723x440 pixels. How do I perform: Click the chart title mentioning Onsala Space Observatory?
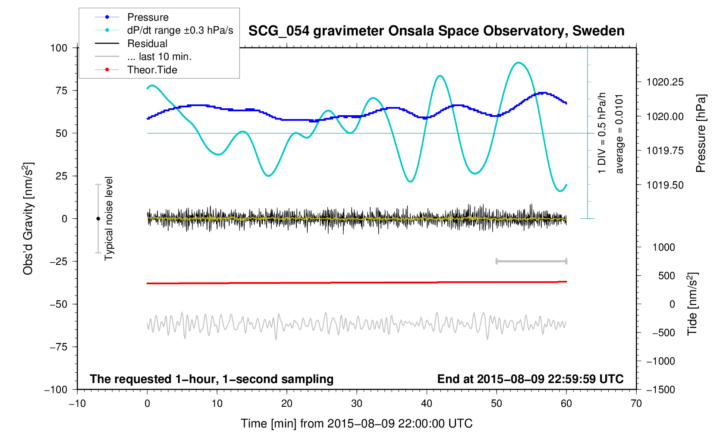click(436, 31)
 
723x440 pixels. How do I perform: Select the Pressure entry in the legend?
click(148, 17)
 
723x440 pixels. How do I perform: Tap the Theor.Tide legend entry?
click(152, 70)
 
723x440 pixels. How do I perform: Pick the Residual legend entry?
click(147, 44)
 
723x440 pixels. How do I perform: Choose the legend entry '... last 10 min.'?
click(159, 57)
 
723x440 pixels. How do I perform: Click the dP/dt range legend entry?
click(180, 30)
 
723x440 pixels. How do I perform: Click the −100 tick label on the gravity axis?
click(56, 390)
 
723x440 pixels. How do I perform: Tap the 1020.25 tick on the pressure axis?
click(665, 82)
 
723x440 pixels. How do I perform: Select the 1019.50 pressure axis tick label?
click(665, 185)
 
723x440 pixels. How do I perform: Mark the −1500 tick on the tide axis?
click(660, 390)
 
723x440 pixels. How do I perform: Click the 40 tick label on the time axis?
click(427, 404)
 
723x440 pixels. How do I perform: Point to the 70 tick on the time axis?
click(636, 404)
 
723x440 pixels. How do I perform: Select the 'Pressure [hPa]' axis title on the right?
click(701, 134)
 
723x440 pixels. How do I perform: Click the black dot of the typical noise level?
click(98, 219)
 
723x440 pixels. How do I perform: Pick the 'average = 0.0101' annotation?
click(619, 134)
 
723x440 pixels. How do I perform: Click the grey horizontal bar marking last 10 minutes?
click(531, 261)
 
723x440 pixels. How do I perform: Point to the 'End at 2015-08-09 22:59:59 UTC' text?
click(530, 379)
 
